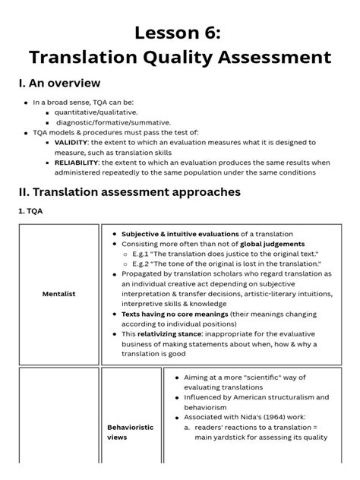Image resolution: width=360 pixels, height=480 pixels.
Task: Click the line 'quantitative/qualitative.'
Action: pos(96,112)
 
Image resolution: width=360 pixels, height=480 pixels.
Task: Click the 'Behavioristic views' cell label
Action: pos(129,432)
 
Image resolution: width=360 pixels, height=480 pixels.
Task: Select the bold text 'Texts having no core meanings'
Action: pos(175,313)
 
